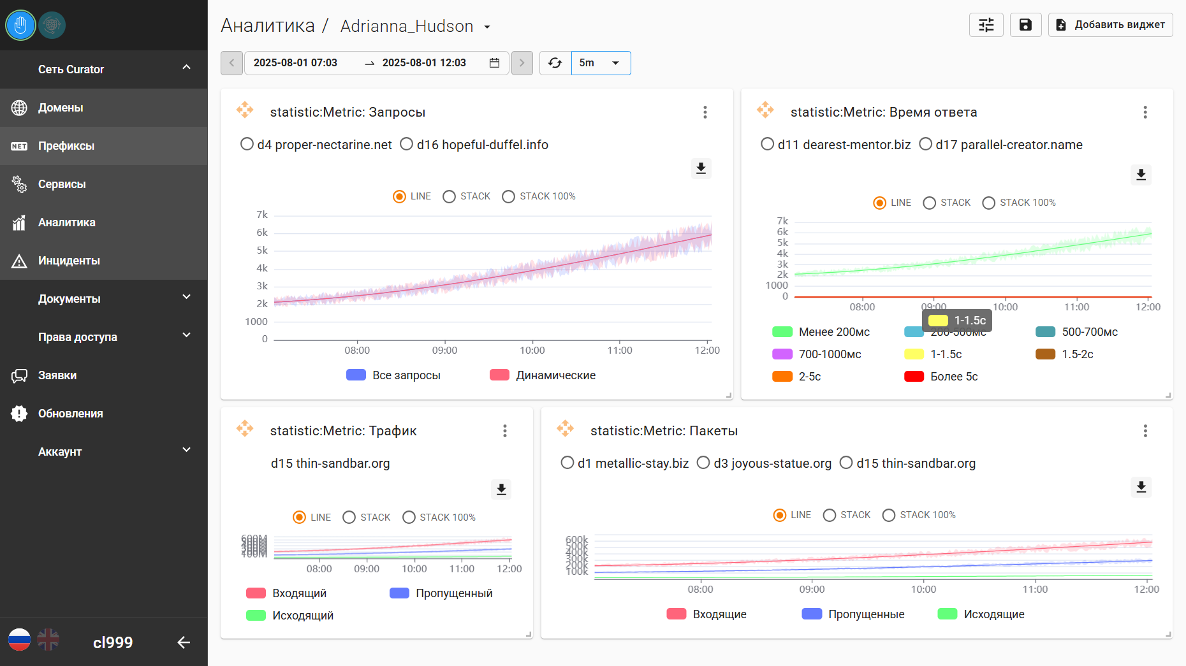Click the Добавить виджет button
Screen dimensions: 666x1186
coord(1110,25)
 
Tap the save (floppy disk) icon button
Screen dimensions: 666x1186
coord(1025,25)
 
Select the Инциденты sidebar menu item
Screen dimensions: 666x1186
coord(69,261)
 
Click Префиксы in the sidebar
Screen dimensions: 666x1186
coord(66,146)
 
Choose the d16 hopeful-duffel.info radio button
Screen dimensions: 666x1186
coord(407,145)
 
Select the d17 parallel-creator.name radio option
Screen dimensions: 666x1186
coord(926,145)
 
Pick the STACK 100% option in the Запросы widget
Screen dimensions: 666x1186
coord(509,196)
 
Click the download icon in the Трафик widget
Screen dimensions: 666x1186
coord(501,489)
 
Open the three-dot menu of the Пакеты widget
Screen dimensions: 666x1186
coord(1145,431)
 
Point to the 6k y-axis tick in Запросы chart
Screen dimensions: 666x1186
coord(262,233)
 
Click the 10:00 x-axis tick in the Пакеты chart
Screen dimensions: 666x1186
coord(923,589)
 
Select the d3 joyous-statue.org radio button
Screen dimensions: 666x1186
coord(703,463)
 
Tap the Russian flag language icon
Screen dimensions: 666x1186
coord(19,639)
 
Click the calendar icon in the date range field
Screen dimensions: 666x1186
coord(494,63)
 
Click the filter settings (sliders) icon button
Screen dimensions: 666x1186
coord(986,25)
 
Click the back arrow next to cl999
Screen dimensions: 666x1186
coord(184,642)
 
